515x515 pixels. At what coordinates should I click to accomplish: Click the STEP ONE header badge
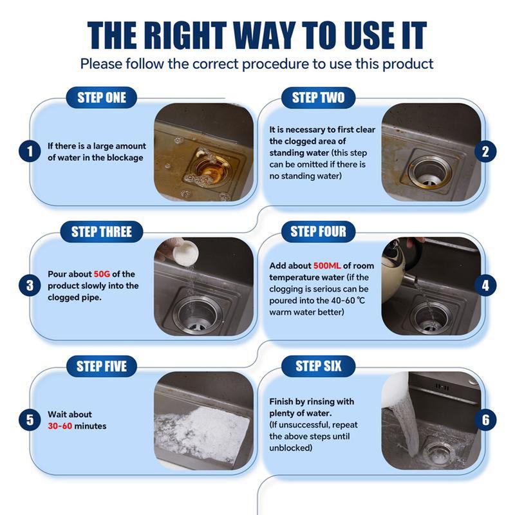(x=102, y=98)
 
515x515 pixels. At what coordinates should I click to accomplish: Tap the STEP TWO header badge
(x=318, y=98)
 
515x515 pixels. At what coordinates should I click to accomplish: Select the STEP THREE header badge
(x=102, y=232)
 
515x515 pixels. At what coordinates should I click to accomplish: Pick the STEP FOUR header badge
(x=318, y=232)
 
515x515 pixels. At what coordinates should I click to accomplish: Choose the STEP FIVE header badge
(x=102, y=366)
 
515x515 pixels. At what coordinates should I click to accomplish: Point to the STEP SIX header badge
(x=318, y=366)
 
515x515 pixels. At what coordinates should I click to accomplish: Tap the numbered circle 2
(x=485, y=152)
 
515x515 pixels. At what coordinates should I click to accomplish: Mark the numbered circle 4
(x=485, y=285)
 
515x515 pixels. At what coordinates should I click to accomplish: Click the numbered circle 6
(x=485, y=420)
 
